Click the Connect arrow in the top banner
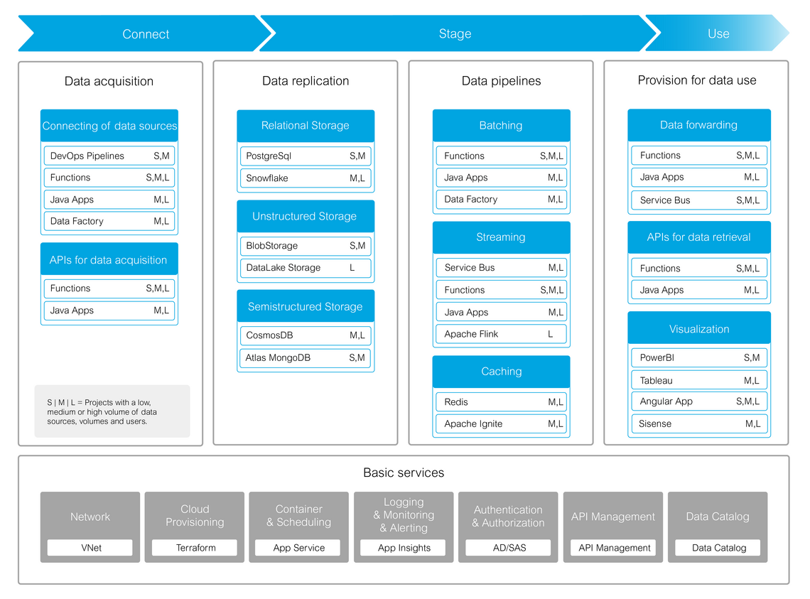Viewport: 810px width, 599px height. (146, 34)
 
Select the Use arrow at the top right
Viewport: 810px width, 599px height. (718, 34)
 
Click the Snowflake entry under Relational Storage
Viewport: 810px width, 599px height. (305, 178)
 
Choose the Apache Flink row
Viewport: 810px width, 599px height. (501, 334)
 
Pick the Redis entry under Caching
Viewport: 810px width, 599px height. (501, 402)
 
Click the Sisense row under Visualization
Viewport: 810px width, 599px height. (699, 423)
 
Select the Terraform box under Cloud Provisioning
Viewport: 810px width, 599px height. (195, 548)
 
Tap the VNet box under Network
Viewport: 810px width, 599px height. (90, 548)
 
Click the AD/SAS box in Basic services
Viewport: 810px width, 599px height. (509, 548)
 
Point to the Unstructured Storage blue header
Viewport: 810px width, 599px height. (305, 216)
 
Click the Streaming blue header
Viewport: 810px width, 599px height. (501, 237)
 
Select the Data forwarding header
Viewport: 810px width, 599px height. (699, 125)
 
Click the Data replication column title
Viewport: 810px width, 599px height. (306, 81)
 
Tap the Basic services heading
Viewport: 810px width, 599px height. (404, 473)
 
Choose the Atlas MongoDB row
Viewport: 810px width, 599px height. (305, 358)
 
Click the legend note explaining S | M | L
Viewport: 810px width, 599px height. (112, 411)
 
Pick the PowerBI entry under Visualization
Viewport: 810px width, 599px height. (699, 358)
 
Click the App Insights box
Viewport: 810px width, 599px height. (404, 548)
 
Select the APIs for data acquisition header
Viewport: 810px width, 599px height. (109, 260)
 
